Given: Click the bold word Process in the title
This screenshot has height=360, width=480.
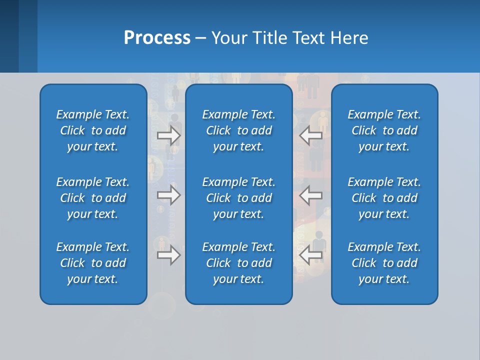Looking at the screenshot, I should coord(157,38).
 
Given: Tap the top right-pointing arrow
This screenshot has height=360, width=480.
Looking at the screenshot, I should coord(168,135).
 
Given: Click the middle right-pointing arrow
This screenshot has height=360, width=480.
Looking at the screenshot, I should coord(168,195).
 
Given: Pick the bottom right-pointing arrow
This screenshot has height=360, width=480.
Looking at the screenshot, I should coord(168,255).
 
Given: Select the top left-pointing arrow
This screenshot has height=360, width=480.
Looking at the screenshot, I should coord(311,135).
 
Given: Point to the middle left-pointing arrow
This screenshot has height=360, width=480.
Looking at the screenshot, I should coord(311,195).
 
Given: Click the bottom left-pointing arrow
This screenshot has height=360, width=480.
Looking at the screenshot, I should coord(311,255).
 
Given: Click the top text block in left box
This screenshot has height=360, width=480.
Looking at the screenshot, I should coord(93,130).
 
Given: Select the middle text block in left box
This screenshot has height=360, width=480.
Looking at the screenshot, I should coord(93,198).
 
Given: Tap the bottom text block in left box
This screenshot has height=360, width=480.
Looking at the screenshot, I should coord(93,263).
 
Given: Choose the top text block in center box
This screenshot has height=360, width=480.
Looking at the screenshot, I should coord(238,130).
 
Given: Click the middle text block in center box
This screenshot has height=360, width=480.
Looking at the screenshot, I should coord(238,198).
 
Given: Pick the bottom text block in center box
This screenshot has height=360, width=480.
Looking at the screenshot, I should coord(238,263).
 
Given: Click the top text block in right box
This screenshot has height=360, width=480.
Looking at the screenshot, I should coord(384,130).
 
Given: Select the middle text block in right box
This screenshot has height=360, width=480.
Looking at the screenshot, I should coord(384,198).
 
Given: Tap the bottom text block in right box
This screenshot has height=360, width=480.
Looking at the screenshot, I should coord(384,263).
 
